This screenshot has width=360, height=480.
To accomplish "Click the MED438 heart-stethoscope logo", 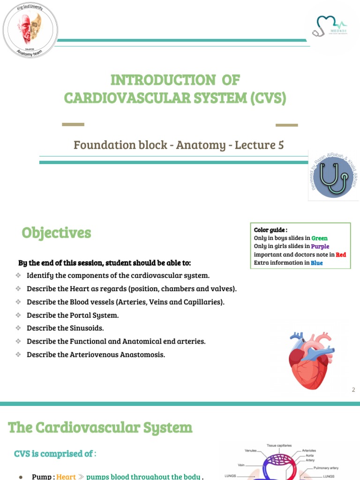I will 330,27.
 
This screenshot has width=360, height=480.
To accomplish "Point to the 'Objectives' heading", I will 56,233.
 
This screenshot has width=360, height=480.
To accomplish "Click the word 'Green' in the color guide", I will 320,238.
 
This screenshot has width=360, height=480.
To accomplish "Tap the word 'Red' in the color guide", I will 341,255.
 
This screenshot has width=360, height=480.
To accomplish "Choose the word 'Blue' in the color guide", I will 316,263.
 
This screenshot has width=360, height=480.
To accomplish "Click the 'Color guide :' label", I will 270,230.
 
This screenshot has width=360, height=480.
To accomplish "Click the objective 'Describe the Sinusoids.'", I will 65,328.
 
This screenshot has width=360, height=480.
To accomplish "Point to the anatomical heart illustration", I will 310,359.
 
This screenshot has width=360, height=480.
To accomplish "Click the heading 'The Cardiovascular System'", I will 100,427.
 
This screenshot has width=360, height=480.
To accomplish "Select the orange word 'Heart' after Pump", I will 66,476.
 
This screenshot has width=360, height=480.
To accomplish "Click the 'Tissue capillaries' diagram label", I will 279,445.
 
